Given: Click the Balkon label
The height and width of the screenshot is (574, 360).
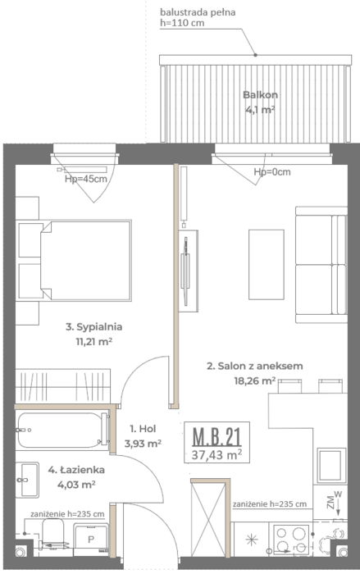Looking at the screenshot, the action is (x=261, y=95).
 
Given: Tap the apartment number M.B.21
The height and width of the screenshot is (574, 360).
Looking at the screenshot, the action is (x=216, y=437).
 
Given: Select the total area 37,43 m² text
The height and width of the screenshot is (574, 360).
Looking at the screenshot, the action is (x=216, y=455).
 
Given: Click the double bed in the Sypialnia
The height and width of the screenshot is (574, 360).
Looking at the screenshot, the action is (x=86, y=260).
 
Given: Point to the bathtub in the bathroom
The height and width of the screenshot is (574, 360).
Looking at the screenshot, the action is (x=62, y=430).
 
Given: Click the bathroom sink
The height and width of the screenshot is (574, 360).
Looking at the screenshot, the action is (x=27, y=480).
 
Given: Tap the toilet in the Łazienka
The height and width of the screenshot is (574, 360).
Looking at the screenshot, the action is (x=52, y=534).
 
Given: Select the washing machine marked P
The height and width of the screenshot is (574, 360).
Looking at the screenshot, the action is (x=91, y=539).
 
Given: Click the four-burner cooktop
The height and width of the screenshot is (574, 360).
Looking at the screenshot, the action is (x=291, y=538).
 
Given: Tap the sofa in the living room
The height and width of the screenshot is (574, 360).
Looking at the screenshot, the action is (x=321, y=265).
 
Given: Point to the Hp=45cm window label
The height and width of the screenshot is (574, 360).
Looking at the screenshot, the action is (x=86, y=179).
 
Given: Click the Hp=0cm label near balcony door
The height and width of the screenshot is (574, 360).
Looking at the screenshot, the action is (x=272, y=171).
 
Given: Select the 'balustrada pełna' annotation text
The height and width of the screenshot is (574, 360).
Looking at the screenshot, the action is (x=198, y=12).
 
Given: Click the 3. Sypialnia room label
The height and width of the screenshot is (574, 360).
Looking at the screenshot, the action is (x=93, y=326).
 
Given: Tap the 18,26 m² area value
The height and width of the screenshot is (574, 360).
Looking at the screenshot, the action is (x=254, y=381).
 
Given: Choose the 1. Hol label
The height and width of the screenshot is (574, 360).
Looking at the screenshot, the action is (x=143, y=428).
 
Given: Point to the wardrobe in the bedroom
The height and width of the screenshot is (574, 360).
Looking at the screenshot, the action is (x=62, y=386).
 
